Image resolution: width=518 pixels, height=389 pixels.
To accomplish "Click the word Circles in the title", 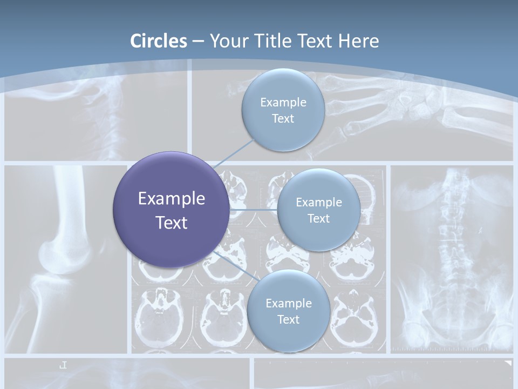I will pyautogui.click(x=159, y=41).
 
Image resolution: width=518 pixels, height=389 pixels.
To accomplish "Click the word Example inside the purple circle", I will pyautogui.click(x=172, y=199).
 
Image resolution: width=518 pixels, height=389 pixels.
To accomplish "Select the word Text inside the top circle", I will pyautogui.click(x=283, y=119).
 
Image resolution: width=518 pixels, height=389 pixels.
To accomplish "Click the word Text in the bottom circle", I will pyautogui.click(x=288, y=320).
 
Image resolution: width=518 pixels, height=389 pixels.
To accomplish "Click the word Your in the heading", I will pyautogui.click(x=229, y=41).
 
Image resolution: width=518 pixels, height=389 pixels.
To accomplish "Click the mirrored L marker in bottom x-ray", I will pyautogui.click(x=63, y=365).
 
